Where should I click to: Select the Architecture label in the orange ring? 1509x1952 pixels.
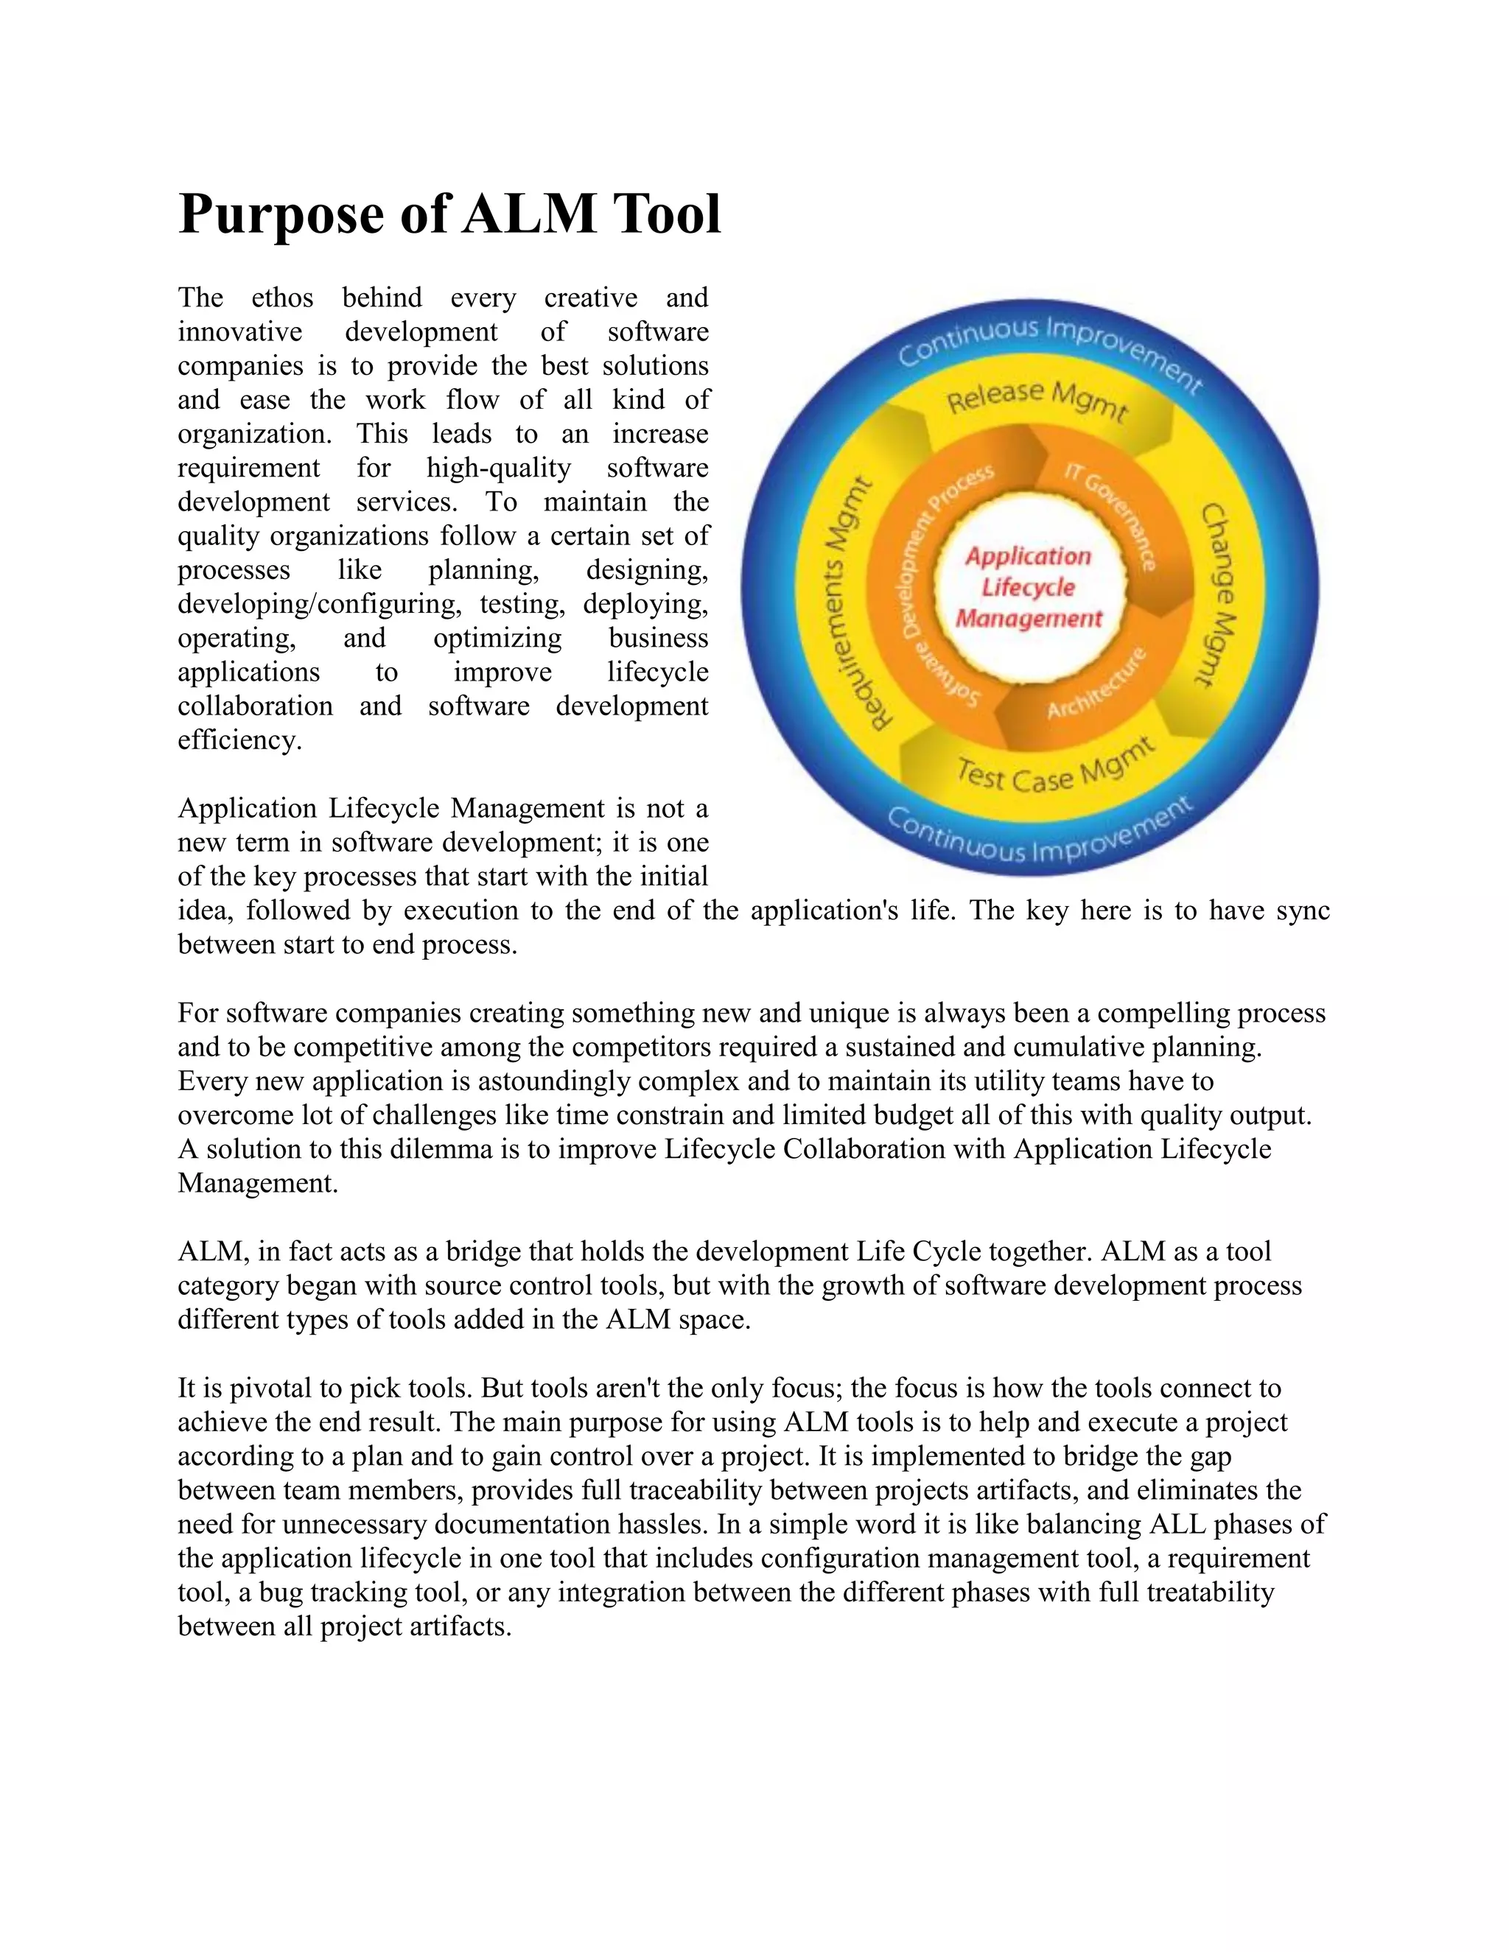pyautogui.click(x=1096, y=686)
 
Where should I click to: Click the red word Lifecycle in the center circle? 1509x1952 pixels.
pyautogui.click(x=1028, y=587)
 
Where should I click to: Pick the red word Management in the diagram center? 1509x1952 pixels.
pyautogui.click(x=1029, y=619)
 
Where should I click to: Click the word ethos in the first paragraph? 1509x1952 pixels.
pyautogui.click(x=281, y=298)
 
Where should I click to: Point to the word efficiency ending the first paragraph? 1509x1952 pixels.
pyautogui.click(x=239, y=740)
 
